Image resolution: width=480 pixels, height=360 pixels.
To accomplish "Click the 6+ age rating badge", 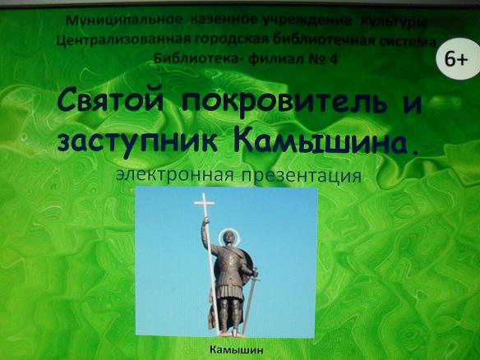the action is pyautogui.click(x=458, y=59).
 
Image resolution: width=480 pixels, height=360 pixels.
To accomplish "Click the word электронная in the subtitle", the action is pyautogui.click(x=174, y=175).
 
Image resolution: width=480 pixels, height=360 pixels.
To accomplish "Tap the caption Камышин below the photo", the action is pyautogui.click(x=237, y=349).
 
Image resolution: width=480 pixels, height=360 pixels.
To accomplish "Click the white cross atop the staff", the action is pyautogui.click(x=204, y=203).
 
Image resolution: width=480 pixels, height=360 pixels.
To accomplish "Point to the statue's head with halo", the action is pyautogui.click(x=227, y=237).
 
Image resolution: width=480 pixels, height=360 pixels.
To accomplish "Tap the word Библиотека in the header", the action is pyautogui.click(x=196, y=58).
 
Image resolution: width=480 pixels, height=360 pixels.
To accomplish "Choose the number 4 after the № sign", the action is pyautogui.click(x=333, y=59).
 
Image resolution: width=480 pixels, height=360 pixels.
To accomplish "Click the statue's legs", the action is pyautogui.click(x=230, y=316).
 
